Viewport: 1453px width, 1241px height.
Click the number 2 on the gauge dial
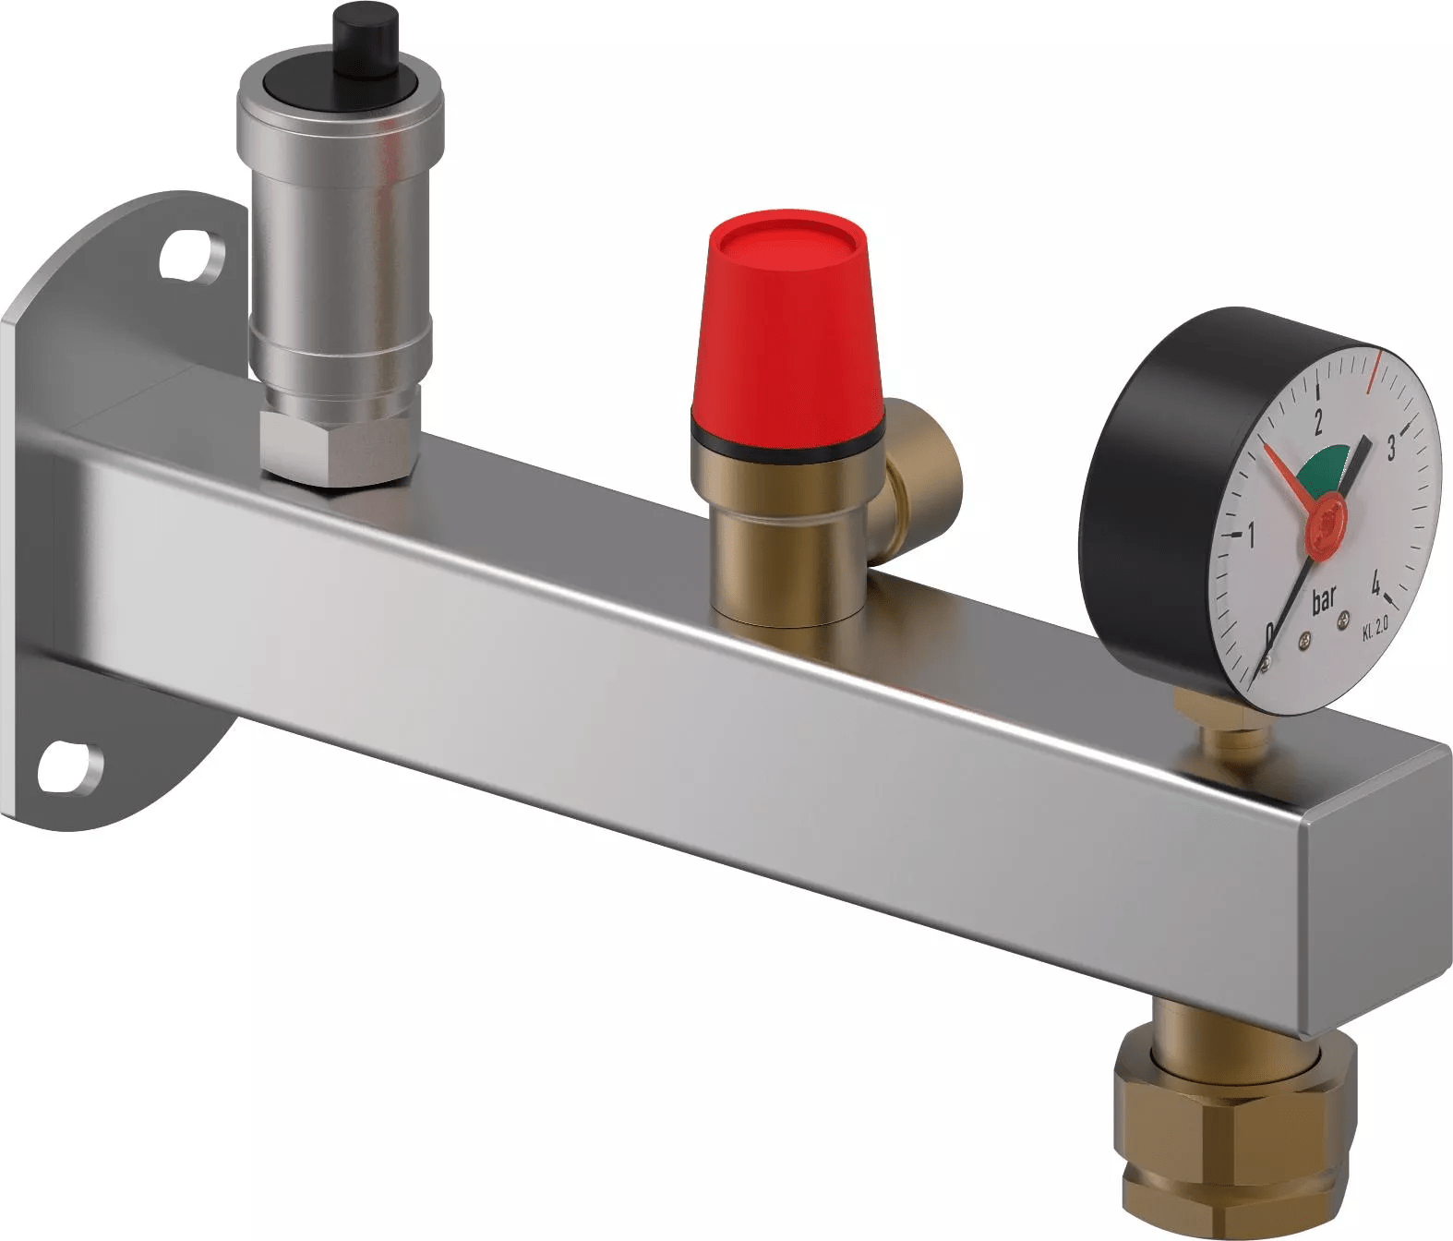point(1317,423)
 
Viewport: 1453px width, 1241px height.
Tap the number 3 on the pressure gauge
point(1391,448)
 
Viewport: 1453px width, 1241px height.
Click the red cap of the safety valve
point(787,327)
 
